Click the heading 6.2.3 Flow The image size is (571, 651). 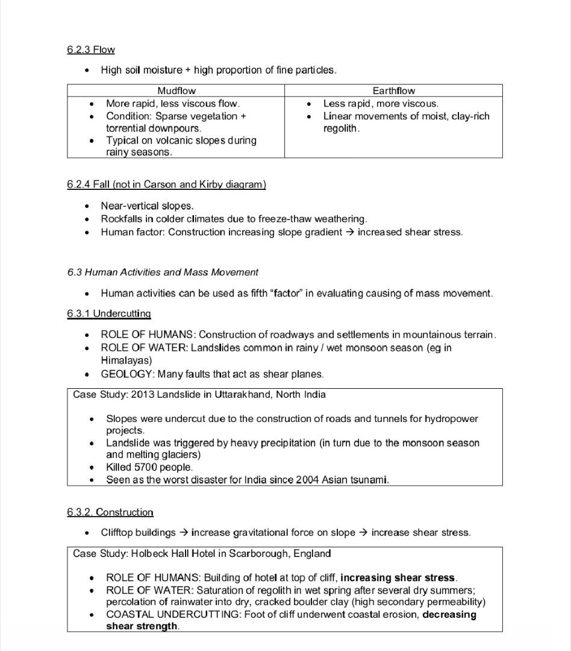pyautogui.click(x=91, y=49)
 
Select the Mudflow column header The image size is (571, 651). pyautogui.click(x=176, y=91)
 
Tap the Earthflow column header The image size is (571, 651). pyautogui.click(x=393, y=91)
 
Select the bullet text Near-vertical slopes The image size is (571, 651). pyautogui.click(x=147, y=206)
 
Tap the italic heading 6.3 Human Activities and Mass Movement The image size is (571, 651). pyautogui.click(x=163, y=272)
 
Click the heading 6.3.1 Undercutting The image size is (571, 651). pyautogui.click(x=109, y=313)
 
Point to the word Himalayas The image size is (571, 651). pyautogui.click(x=126, y=360)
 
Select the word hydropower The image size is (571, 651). pyautogui.click(x=451, y=418)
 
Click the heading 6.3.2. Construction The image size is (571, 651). pyautogui.click(x=110, y=512)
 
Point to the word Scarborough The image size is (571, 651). pyautogui.click(x=258, y=553)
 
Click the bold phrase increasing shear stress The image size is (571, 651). pyautogui.click(x=398, y=578)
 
